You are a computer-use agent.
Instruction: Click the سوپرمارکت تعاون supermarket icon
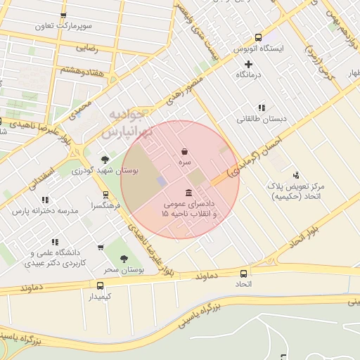pyautogui.click(x=64, y=15)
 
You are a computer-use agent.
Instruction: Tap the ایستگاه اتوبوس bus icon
pyautogui.click(x=258, y=37)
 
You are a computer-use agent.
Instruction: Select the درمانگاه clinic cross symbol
pyautogui.click(x=248, y=64)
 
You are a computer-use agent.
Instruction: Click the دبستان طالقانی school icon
pyautogui.click(x=262, y=108)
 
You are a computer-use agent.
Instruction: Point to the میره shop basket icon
pyautogui.click(x=184, y=151)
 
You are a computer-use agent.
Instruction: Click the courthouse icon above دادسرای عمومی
pyautogui.click(x=188, y=193)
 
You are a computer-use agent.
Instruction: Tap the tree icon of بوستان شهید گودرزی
pyautogui.click(x=105, y=160)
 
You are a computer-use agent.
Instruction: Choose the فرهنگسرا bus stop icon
pyautogui.click(x=105, y=195)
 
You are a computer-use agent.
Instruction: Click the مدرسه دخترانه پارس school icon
pyautogui.click(x=46, y=200)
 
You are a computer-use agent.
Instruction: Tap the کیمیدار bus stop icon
pyautogui.click(x=100, y=285)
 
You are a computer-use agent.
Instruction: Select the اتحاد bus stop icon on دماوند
pyautogui.click(x=243, y=273)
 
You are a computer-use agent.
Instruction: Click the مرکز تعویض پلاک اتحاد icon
pyautogui.click(x=295, y=175)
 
